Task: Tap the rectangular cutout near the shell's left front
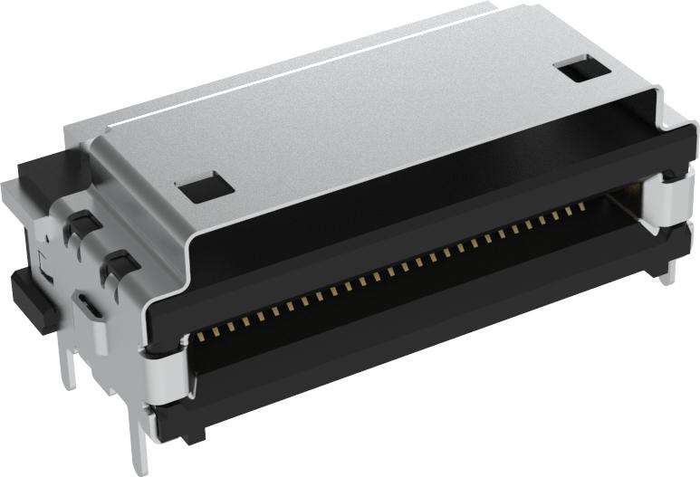[x=206, y=186]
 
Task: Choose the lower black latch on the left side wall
[x=118, y=265]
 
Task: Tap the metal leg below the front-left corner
[x=142, y=444]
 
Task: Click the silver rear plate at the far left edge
[x=11, y=208]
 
